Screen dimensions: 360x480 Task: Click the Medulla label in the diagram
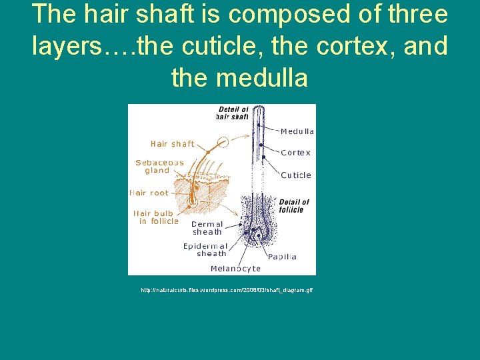click(297, 131)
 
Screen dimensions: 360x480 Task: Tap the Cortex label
click(295, 153)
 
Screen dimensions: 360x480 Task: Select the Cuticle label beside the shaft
click(295, 175)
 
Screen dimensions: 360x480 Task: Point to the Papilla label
click(282, 257)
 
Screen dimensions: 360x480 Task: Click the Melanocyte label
click(235, 269)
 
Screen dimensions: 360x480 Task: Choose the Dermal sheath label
click(207, 228)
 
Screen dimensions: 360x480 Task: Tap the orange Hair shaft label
click(173, 143)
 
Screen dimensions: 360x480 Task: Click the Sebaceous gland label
click(159, 166)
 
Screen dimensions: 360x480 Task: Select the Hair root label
click(149, 193)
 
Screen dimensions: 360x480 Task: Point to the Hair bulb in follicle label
click(157, 217)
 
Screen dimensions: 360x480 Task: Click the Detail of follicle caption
click(294, 205)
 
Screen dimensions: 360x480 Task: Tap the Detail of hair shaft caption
click(233, 113)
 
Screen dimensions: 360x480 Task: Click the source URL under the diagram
click(227, 290)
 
